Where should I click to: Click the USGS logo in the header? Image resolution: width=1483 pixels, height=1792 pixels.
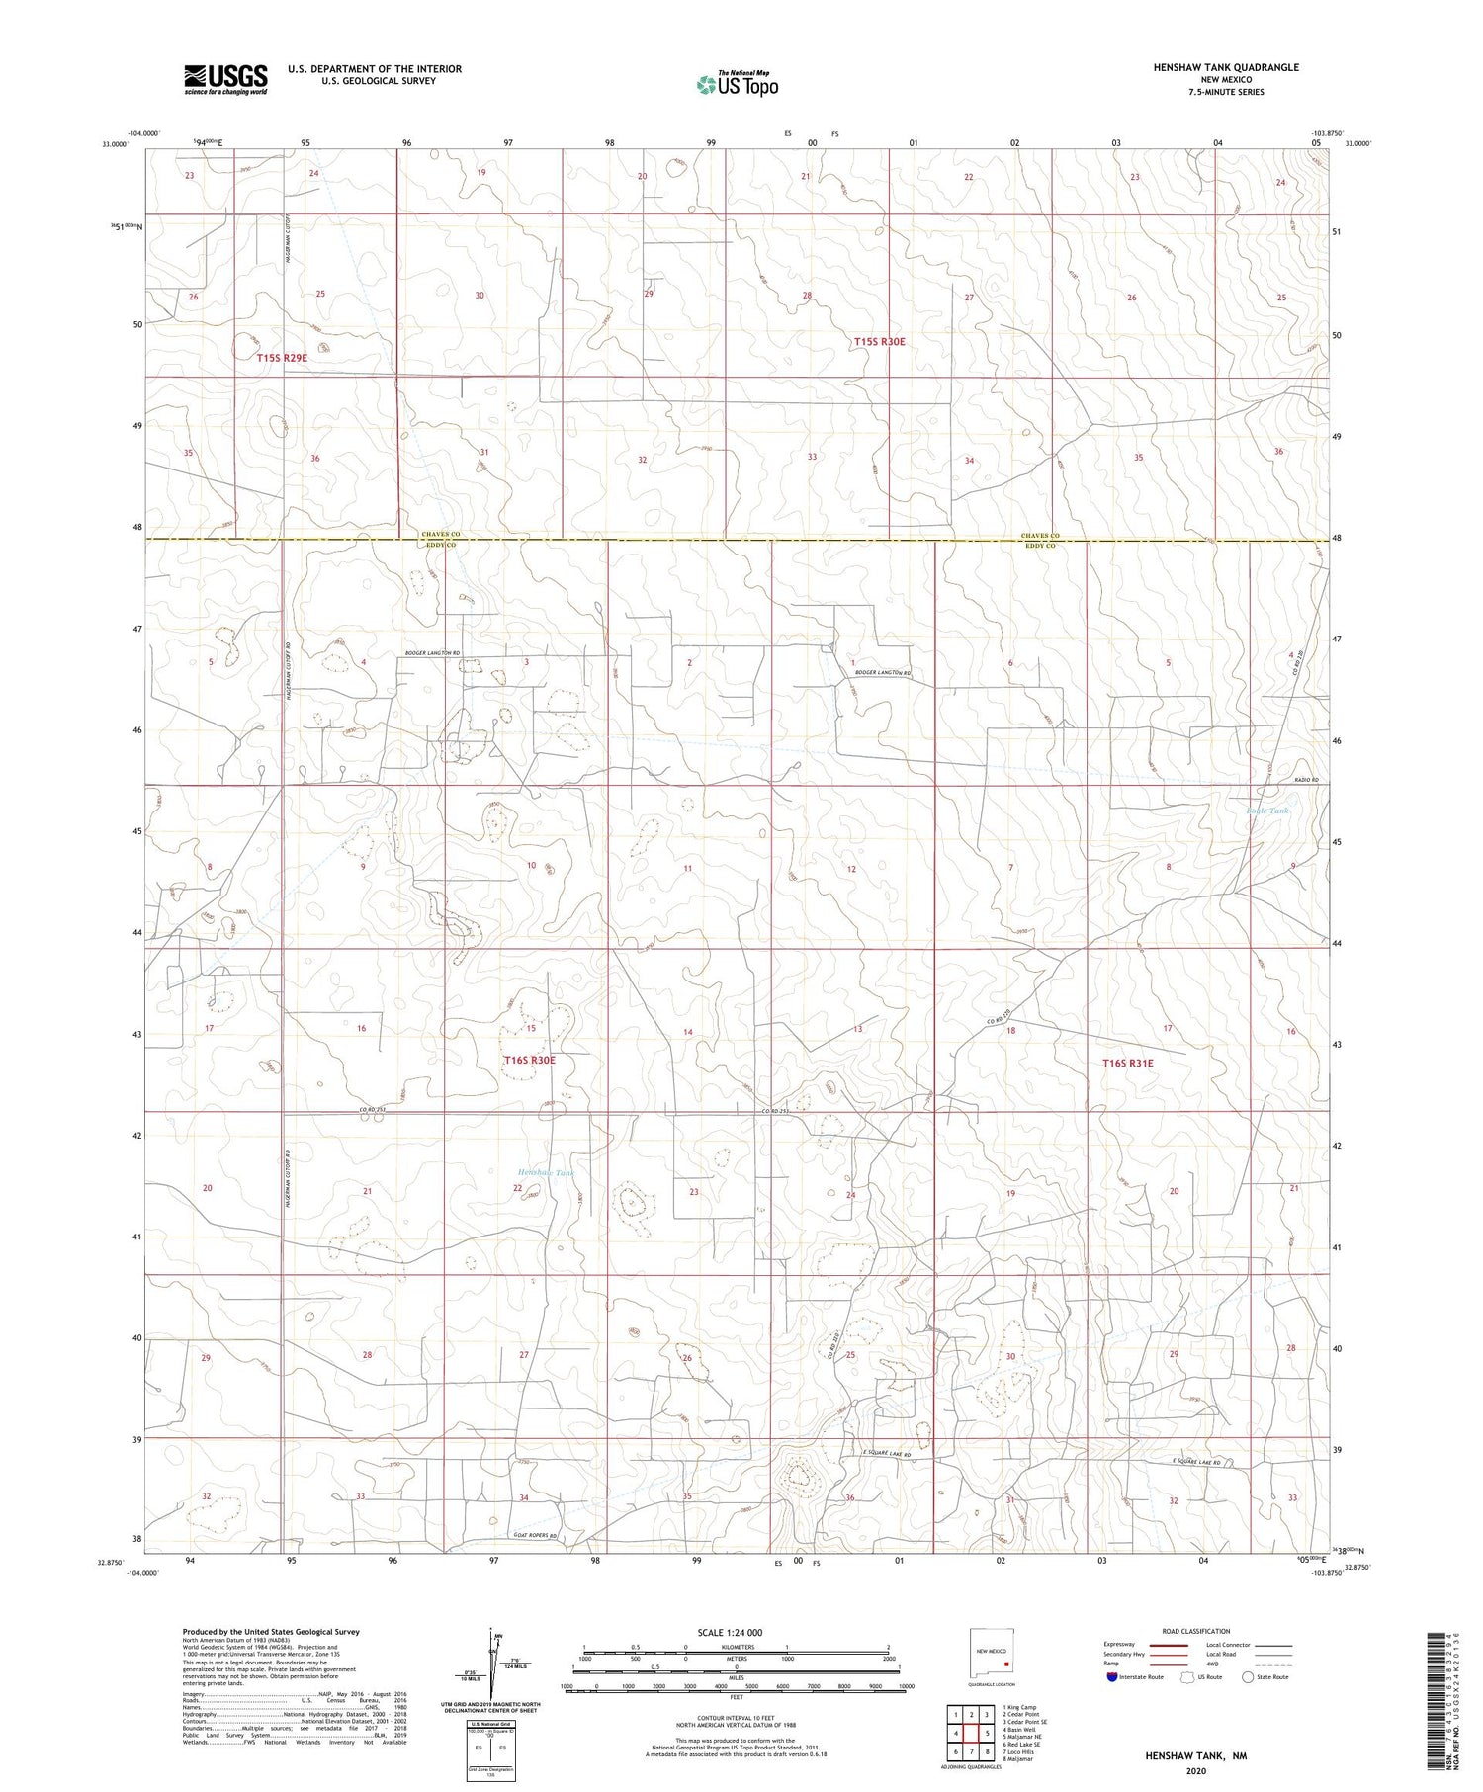(x=225, y=79)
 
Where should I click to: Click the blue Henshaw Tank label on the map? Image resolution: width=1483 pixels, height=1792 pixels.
(x=545, y=1172)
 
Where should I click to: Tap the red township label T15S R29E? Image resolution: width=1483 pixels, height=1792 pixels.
(x=282, y=358)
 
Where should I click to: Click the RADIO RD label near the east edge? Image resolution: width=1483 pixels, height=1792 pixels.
(x=1308, y=781)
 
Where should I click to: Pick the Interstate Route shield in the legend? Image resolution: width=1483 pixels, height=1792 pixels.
(x=1112, y=1677)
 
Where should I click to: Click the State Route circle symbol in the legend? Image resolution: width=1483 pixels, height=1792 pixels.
(x=1248, y=1677)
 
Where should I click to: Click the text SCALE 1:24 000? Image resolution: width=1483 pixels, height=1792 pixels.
(x=737, y=1632)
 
